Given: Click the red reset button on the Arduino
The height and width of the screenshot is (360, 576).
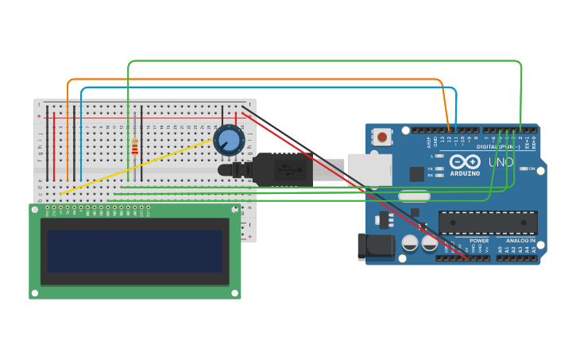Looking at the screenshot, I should click(x=383, y=137).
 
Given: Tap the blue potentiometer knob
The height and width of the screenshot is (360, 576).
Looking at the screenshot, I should click(x=228, y=141).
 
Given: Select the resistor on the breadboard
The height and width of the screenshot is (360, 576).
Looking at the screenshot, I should click(x=134, y=147).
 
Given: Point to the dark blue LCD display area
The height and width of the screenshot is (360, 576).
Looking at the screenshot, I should click(x=135, y=251).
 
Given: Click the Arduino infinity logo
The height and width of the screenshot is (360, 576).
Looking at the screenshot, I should click(x=465, y=161).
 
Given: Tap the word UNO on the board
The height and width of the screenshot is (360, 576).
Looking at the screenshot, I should click(x=501, y=162).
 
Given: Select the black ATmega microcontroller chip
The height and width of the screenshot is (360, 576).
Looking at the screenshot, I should click(x=488, y=223).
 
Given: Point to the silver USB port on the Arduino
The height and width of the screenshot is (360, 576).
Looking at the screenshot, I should click(x=369, y=168).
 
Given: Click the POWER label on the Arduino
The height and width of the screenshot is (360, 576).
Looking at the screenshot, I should click(x=479, y=241).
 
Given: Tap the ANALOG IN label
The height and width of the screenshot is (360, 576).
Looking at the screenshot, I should click(x=520, y=241).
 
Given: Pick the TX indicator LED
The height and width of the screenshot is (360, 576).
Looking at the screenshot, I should click(x=438, y=168).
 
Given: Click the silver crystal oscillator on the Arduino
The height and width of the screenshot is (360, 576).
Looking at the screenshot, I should click(x=414, y=195).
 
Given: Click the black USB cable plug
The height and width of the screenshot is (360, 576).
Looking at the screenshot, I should click(x=282, y=169).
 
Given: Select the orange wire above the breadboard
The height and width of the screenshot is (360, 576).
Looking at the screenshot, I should click(x=254, y=79).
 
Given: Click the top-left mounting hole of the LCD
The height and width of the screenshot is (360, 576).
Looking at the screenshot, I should click(x=35, y=210).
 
